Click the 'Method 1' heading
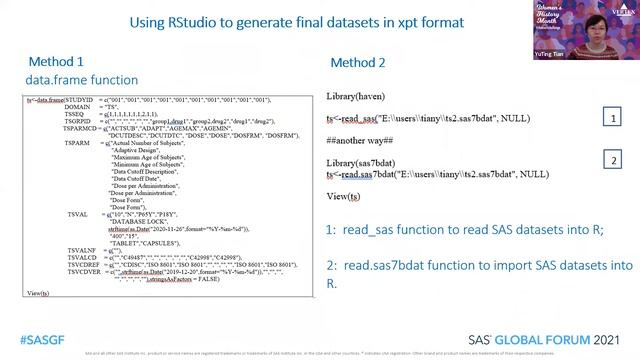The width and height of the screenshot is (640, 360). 56,62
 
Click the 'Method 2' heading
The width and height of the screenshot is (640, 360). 358,62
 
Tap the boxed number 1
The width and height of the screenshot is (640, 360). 614,118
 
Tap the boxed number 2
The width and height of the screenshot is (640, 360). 614,161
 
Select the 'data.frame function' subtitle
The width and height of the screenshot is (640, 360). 82,80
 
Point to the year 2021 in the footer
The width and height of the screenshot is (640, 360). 606,339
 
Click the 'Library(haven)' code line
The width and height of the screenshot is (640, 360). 355,96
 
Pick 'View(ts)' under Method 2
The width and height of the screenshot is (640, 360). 344,196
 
